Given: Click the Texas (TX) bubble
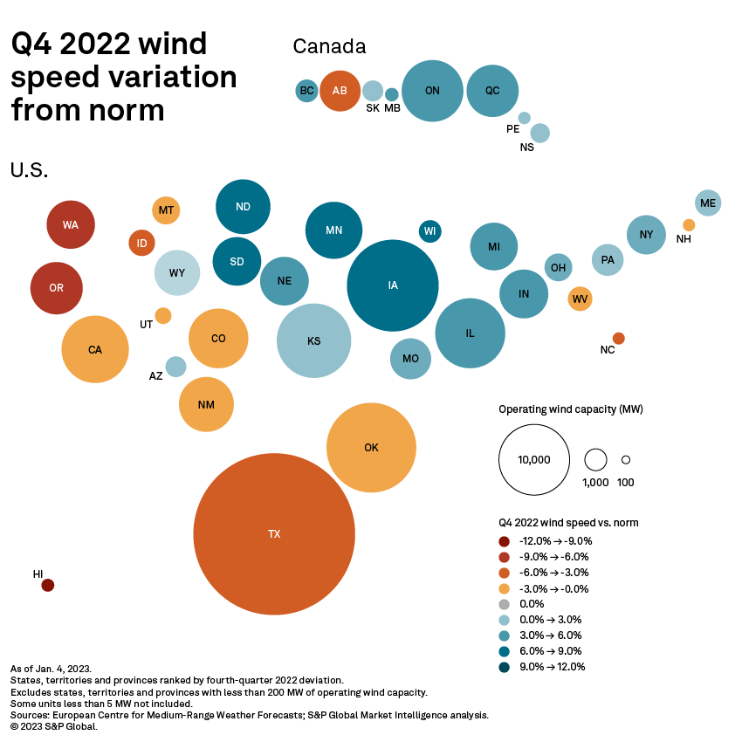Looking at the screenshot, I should (x=274, y=533).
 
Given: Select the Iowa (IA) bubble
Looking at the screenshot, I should (x=393, y=285).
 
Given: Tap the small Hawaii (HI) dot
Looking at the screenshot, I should (x=48, y=585).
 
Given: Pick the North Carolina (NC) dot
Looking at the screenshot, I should (x=618, y=338).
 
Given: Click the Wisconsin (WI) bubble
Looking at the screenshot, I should (x=429, y=231).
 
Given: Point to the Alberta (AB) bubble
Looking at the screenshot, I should (x=340, y=91).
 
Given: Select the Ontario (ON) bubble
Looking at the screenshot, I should (x=432, y=91).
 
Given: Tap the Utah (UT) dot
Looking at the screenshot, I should (x=163, y=315).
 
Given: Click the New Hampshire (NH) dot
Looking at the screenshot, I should (x=689, y=225).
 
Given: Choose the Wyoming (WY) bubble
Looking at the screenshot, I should (x=177, y=272).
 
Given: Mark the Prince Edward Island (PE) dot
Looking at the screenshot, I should (x=525, y=118).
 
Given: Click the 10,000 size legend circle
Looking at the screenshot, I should (x=533, y=460).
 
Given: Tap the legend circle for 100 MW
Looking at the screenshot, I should (x=626, y=459).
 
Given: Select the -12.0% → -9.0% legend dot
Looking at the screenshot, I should (x=505, y=541).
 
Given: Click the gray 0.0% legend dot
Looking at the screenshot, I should (x=505, y=604).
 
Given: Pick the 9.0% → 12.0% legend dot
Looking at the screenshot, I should (x=505, y=667).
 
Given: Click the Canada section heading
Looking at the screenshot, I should (x=329, y=46).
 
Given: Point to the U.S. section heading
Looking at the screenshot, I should (x=29, y=170).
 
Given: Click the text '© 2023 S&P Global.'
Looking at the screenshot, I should (x=54, y=726).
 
